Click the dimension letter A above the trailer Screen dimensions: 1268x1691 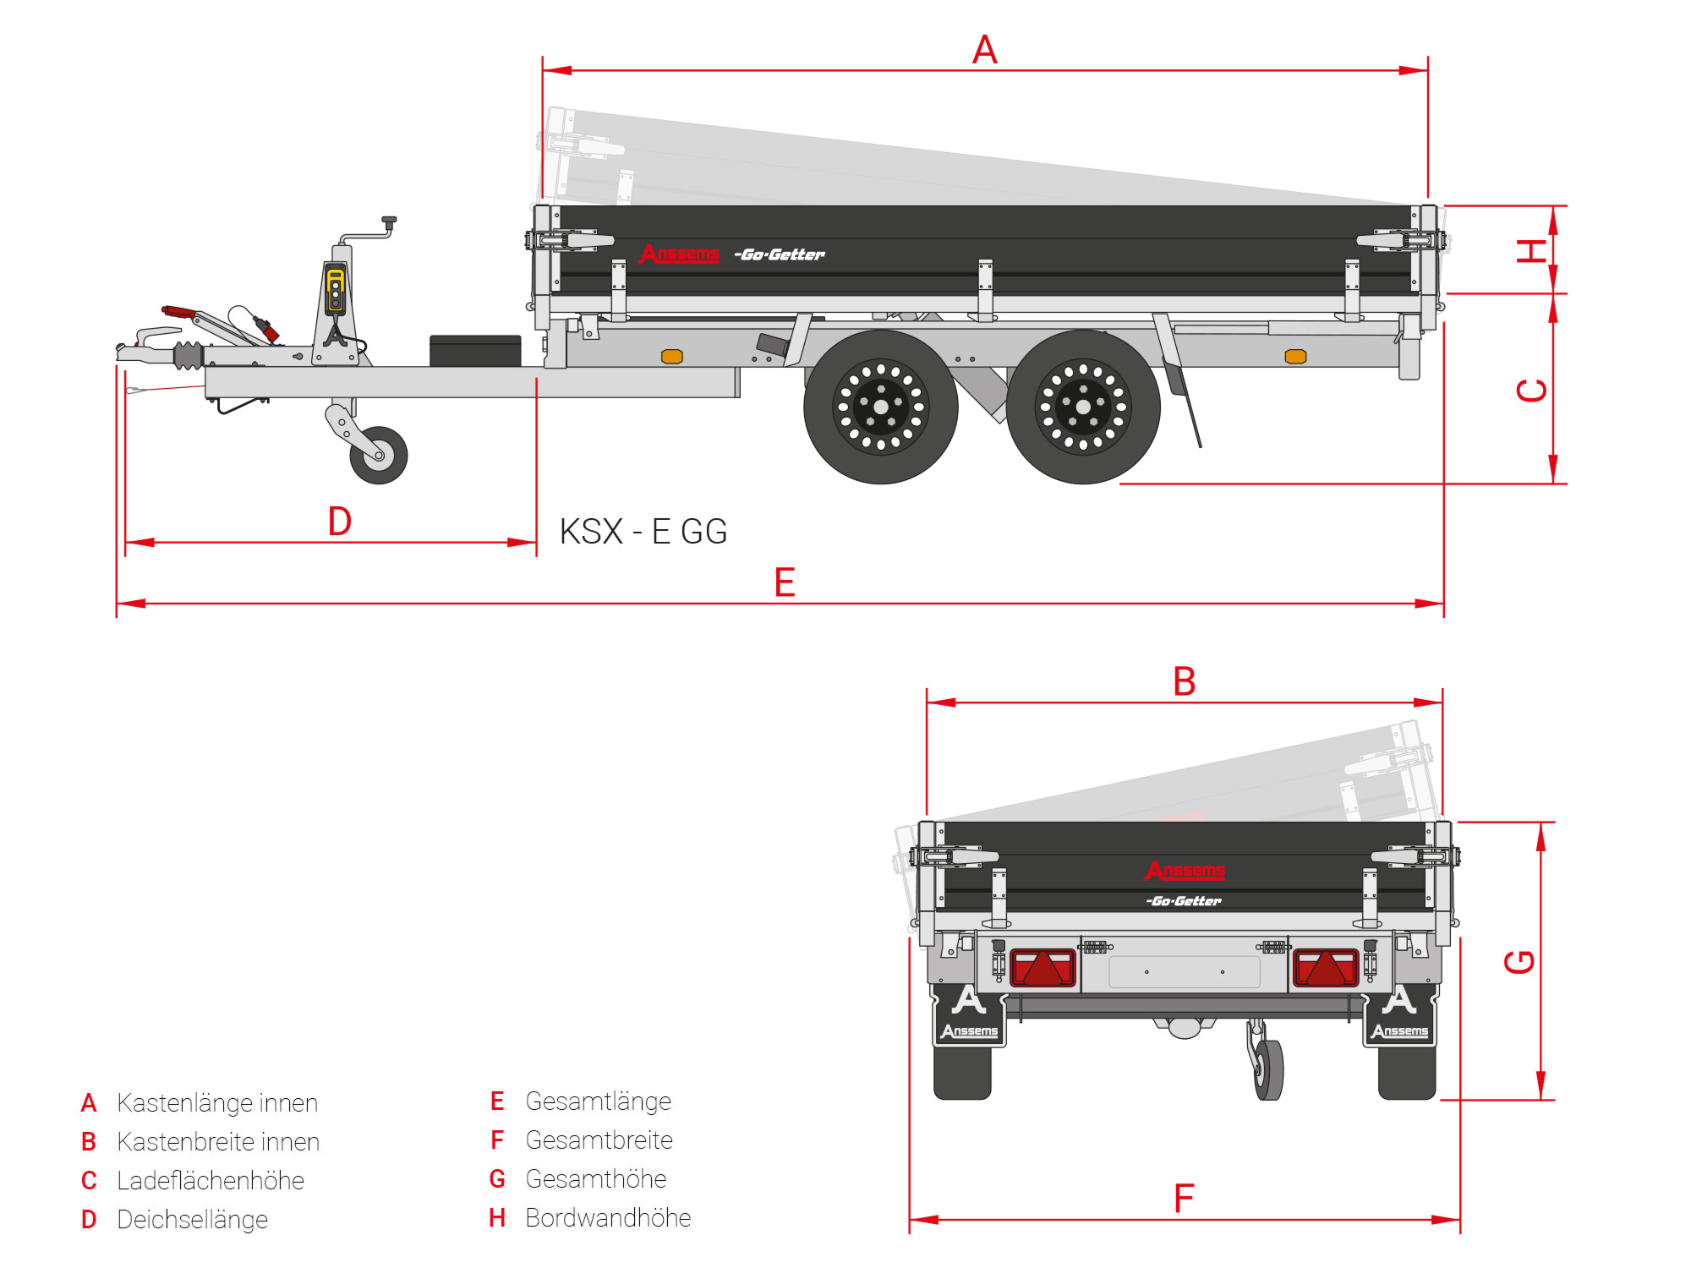(984, 49)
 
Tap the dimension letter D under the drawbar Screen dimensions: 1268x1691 (339, 522)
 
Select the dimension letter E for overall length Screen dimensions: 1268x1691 (785, 582)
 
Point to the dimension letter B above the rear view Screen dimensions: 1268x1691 (1185, 681)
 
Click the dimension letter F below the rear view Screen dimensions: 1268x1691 (1184, 1198)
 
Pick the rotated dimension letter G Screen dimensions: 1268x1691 (1519, 961)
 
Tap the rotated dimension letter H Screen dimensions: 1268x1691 (1531, 250)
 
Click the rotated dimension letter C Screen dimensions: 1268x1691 (1531, 390)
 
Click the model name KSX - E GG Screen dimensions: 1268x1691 (643, 532)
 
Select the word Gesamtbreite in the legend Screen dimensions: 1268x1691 (599, 1140)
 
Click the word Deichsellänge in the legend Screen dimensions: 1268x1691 (192, 1219)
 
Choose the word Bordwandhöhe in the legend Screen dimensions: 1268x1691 (608, 1217)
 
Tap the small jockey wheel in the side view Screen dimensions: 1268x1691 (379, 455)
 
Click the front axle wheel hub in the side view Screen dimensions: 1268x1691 (880, 407)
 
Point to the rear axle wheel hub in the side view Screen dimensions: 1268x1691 (1083, 407)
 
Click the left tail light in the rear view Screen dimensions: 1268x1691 (1043, 968)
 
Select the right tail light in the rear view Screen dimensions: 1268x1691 (1325, 968)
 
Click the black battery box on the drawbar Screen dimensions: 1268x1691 (475, 350)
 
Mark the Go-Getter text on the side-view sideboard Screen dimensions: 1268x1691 (780, 254)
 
